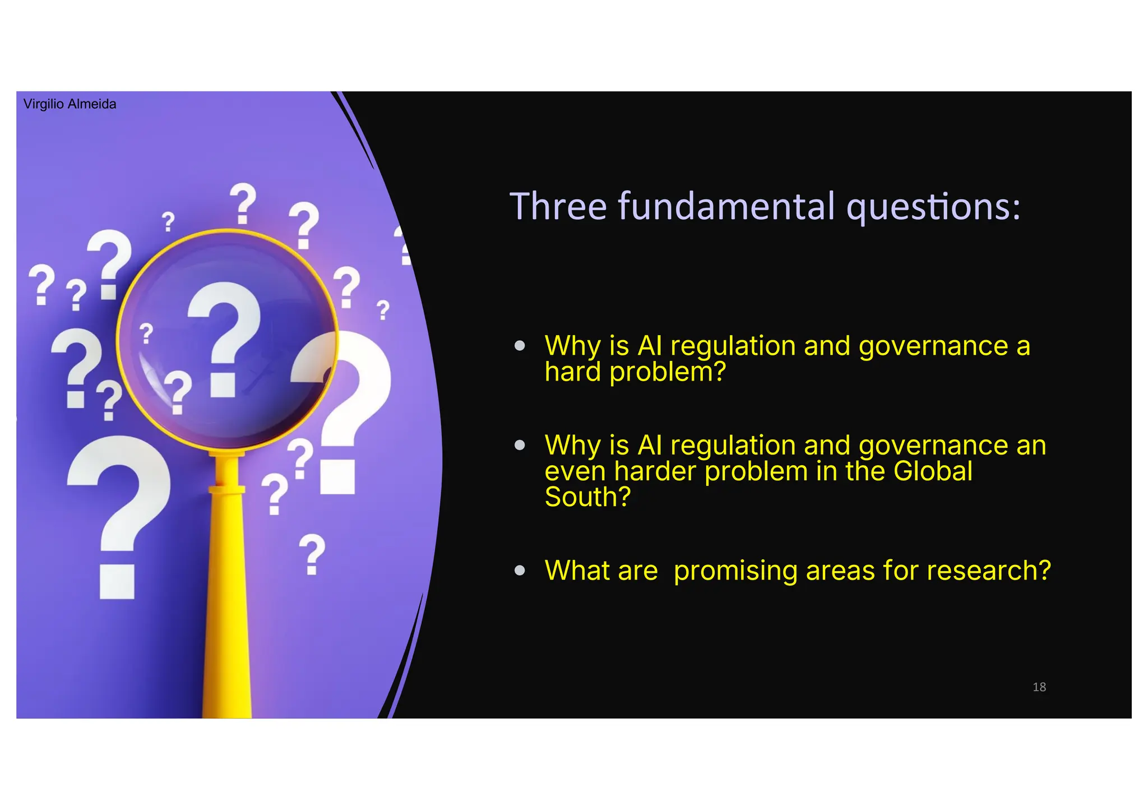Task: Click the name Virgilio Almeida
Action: click(x=70, y=104)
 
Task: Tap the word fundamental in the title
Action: click(x=726, y=206)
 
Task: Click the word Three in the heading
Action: click(x=558, y=206)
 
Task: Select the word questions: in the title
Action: click(x=933, y=207)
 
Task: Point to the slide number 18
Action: click(x=1039, y=687)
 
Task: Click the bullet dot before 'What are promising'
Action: click(x=520, y=571)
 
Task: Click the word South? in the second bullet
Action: click(x=587, y=497)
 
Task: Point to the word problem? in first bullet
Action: click(x=668, y=372)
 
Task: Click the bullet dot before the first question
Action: click(x=520, y=346)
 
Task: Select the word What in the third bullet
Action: click(x=573, y=571)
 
